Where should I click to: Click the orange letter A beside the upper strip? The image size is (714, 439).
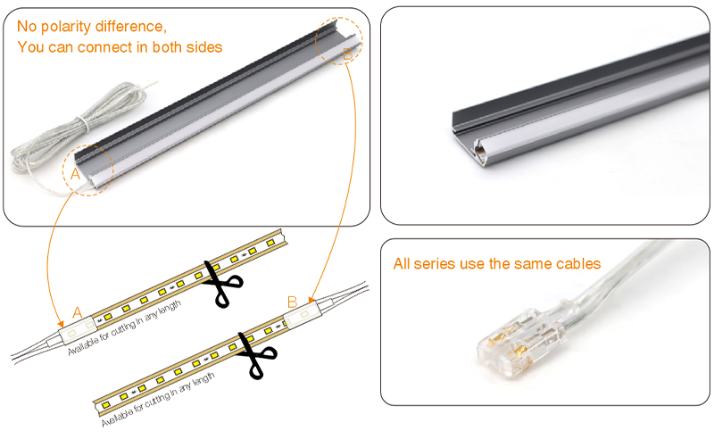(78, 312)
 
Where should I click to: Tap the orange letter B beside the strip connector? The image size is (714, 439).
(291, 302)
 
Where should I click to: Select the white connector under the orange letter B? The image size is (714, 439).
(301, 315)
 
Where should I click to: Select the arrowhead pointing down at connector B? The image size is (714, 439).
(311, 300)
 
